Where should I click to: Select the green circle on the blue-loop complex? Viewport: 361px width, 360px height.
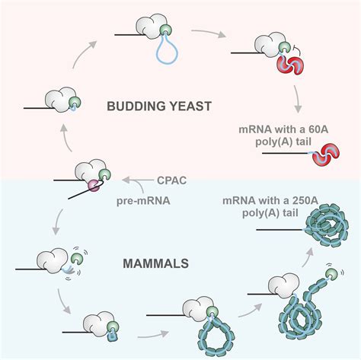pos(165,30)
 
